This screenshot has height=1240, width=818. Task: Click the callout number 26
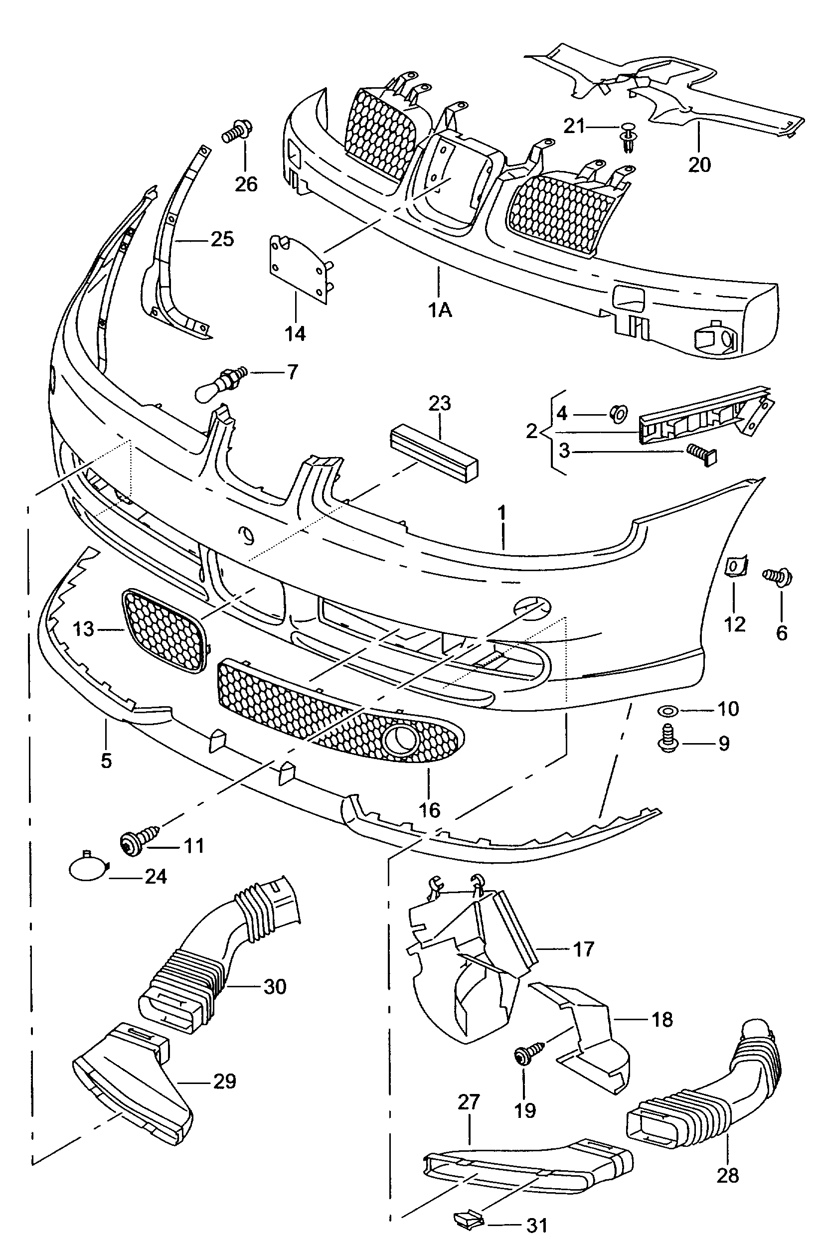click(246, 184)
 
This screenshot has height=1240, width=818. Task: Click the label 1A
click(440, 310)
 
